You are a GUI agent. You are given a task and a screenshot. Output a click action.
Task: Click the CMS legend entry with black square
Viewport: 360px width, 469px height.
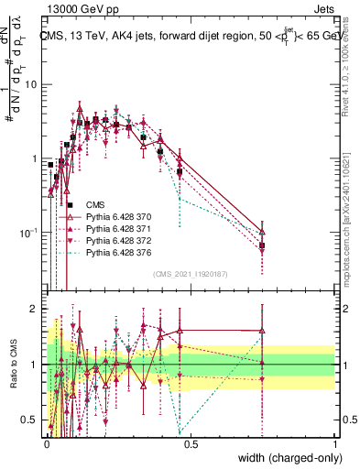(95, 204)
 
